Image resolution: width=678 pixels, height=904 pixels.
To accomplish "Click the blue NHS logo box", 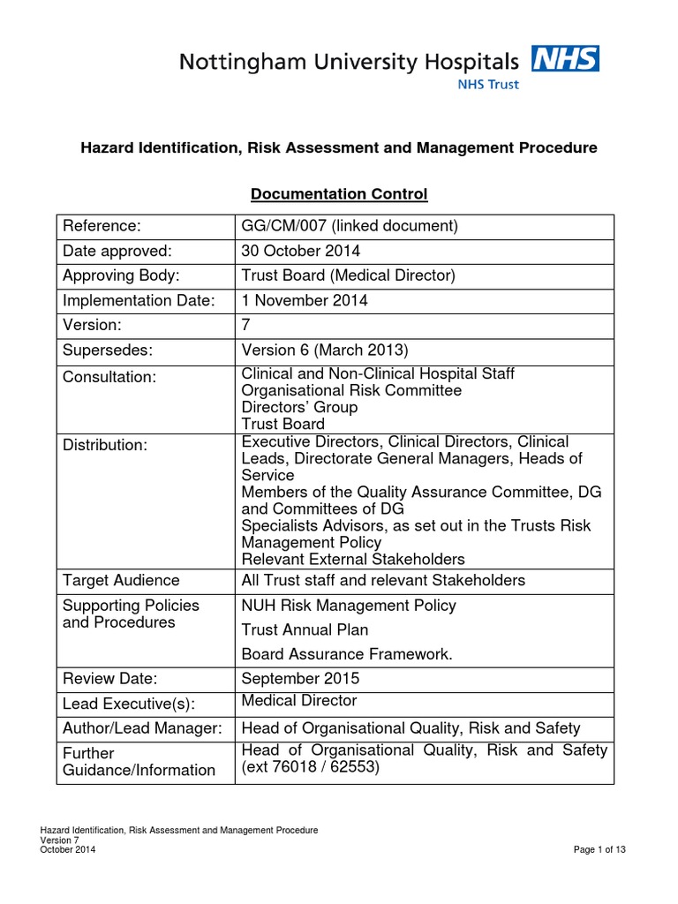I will [565, 59].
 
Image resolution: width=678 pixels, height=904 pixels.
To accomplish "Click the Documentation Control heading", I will [339, 193].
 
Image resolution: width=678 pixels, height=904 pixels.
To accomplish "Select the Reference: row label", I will [102, 226].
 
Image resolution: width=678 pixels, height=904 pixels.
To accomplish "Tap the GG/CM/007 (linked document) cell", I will [350, 226].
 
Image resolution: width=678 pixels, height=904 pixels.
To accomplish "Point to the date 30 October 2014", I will [301, 251].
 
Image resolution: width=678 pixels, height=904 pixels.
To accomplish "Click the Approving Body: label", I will [118, 275].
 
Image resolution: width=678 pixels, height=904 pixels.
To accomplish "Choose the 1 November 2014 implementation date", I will [305, 300].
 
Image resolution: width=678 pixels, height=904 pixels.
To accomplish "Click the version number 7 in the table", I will [246, 325].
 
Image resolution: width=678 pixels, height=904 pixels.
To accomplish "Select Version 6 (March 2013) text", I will [323, 350].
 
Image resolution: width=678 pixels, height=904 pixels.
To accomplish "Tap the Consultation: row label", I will [109, 377].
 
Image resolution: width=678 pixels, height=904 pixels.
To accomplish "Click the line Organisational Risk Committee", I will [351, 390].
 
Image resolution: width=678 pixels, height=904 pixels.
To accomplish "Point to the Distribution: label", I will [104, 445].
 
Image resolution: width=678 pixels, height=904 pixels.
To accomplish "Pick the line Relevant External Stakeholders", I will [353, 559].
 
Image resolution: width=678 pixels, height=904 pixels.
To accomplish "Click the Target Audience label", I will [121, 580].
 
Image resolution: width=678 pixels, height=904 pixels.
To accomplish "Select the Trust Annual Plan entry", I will [305, 629].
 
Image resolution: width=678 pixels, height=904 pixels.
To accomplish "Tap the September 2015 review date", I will [301, 679].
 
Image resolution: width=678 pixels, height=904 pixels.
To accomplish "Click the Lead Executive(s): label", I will [128, 704].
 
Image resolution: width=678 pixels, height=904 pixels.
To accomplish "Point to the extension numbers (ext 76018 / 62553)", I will [310, 767].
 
